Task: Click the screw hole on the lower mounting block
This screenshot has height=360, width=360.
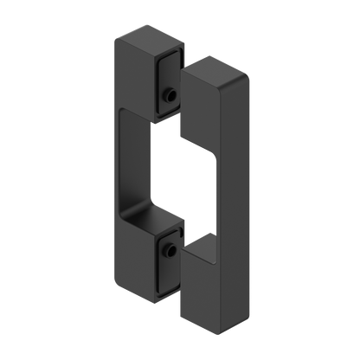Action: click(x=170, y=252)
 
